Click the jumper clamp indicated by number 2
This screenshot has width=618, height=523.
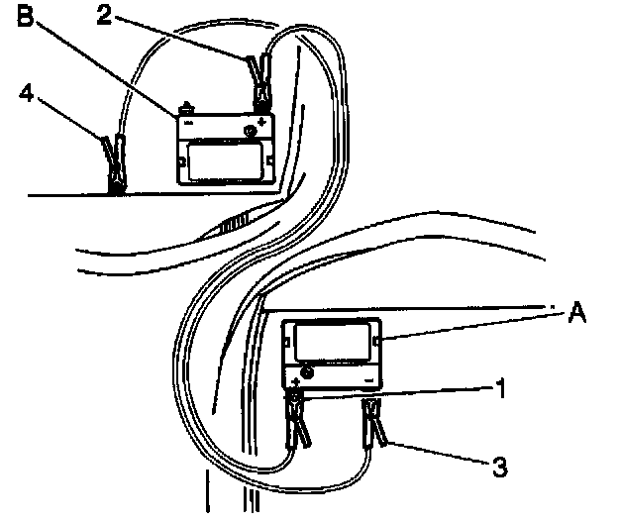(x=262, y=79)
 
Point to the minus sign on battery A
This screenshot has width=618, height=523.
(x=367, y=379)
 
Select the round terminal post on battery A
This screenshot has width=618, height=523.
(x=306, y=372)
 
